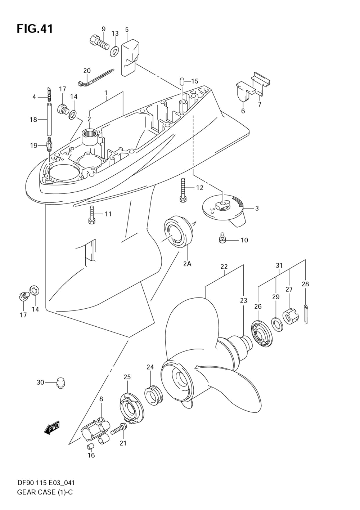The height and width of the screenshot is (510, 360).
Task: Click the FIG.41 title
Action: (35, 29)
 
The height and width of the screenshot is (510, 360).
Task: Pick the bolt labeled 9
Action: (99, 42)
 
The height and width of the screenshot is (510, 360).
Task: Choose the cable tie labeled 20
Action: (95, 77)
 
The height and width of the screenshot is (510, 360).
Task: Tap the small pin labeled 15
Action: (183, 80)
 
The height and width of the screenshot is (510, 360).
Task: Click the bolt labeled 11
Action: (91, 215)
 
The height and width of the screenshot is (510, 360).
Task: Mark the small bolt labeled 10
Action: (222, 238)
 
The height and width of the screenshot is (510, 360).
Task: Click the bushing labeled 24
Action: (154, 395)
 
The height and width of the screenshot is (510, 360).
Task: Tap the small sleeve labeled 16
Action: (90, 447)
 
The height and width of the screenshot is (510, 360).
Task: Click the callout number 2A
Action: (187, 264)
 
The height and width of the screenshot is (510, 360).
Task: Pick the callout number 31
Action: (279, 265)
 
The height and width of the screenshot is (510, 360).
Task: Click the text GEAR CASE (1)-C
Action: (45, 492)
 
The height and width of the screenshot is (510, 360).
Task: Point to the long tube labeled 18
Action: (49, 119)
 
